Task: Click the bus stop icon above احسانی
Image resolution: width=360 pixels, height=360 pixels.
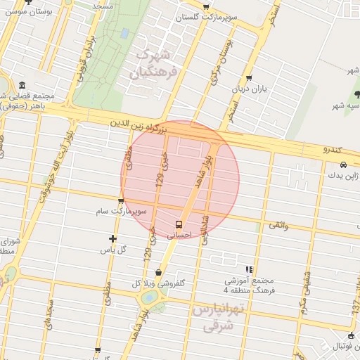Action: (178, 224)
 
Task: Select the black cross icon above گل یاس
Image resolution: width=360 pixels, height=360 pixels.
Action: (112, 238)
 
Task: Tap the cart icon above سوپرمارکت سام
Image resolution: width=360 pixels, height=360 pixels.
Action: (121, 200)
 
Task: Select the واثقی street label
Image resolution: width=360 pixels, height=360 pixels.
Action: (278, 224)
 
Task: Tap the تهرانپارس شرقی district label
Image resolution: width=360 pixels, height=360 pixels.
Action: (217, 318)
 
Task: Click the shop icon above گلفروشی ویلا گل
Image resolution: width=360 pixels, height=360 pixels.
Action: (159, 272)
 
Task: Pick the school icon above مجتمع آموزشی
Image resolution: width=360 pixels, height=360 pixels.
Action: (249, 269)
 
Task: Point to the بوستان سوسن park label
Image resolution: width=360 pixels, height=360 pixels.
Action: (26, 12)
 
